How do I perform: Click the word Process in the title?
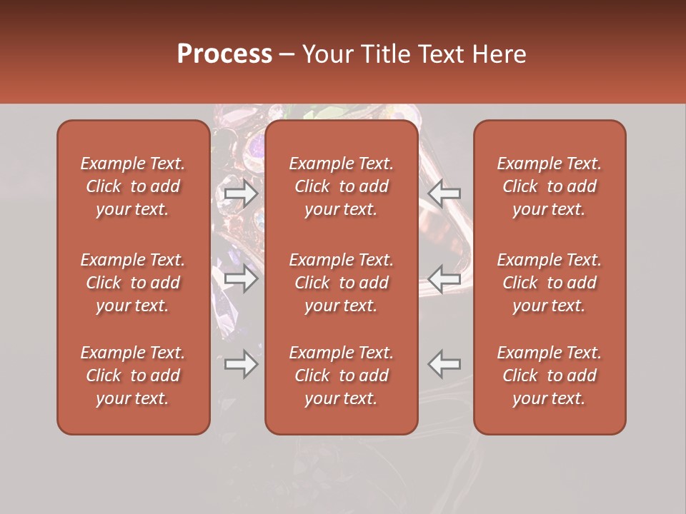(x=224, y=54)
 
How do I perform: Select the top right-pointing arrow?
(x=241, y=193)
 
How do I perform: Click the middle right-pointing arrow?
(x=241, y=278)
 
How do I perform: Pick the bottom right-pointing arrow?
(x=241, y=364)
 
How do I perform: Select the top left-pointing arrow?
(x=444, y=193)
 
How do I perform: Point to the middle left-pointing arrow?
(x=444, y=278)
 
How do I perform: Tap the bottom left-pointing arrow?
(x=444, y=364)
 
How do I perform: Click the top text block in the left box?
(x=133, y=186)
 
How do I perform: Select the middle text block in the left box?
(x=133, y=283)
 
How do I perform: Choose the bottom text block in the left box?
(x=133, y=376)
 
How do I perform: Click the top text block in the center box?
(x=341, y=186)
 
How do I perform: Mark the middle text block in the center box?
(x=341, y=283)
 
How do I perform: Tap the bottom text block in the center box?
(x=341, y=376)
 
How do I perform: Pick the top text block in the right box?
(x=550, y=186)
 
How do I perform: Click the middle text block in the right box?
(x=550, y=283)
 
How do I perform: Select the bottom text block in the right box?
(x=550, y=376)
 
